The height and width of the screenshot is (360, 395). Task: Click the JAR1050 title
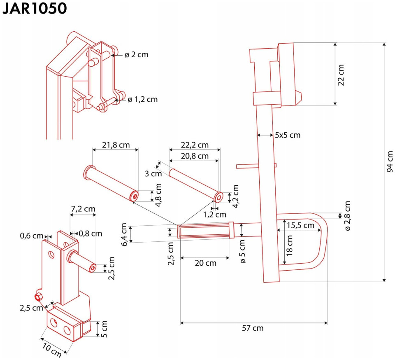[x=34, y=8]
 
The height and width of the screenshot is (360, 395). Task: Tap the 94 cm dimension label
[x=390, y=161]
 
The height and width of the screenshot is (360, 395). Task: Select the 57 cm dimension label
[x=253, y=328]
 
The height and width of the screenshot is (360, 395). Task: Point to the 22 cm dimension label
[x=341, y=75]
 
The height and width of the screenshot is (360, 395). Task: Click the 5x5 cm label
[x=288, y=135]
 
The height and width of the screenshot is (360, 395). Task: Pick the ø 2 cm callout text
[x=136, y=55]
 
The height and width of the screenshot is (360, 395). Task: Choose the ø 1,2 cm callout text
[x=143, y=99]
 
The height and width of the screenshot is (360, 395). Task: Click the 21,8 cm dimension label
[x=116, y=145]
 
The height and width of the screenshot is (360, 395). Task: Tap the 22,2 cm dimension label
[x=195, y=145]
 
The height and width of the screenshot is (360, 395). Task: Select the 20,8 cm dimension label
[x=195, y=156]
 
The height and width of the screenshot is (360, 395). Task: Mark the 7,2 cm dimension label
[x=83, y=209]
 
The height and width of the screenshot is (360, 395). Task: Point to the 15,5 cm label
[x=300, y=225]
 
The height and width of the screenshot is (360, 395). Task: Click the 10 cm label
[x=52, y=351]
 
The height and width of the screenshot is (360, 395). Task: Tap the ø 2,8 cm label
[x=347, y=216]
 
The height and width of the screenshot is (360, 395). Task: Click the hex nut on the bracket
[x=39, y=297]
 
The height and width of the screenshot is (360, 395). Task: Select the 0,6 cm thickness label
[x=32, y=236]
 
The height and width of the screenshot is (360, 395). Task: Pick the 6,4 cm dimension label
[x=124, y=234]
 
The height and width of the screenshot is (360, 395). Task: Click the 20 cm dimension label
[x=206, y=263]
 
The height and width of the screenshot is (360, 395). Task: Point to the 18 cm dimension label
[x=289, y=245]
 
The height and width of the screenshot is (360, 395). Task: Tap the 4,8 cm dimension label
[x=158, y=195]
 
